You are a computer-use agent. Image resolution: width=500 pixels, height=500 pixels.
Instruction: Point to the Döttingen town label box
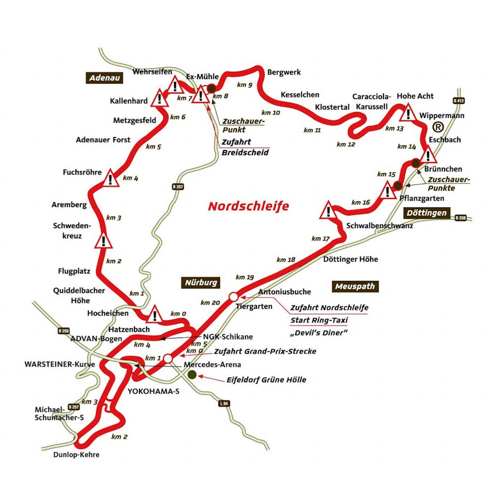pos(426,213)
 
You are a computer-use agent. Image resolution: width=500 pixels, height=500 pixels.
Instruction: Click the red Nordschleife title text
pos(248,206)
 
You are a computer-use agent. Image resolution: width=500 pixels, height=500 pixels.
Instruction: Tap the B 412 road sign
pos(458,100)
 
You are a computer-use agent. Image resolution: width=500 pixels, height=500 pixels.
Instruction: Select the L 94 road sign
pos(224,403)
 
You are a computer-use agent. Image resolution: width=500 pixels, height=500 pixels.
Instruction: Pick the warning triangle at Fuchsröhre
pos(110,178)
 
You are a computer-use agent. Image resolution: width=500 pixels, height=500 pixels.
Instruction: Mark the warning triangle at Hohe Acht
pos(408,113)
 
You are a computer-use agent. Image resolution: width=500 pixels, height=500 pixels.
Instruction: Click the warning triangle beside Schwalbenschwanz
pos(328,210)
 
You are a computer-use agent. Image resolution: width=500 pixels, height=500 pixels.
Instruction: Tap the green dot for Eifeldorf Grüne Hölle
pos(192,374)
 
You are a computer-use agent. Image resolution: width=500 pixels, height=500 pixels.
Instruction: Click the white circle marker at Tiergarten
pos(233,297)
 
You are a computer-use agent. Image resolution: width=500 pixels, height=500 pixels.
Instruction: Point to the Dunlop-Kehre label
pos(77,455)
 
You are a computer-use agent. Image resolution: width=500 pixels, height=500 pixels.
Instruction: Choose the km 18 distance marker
pos(286,259)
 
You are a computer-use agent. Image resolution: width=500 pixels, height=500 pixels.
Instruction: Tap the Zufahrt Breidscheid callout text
pos(245,147)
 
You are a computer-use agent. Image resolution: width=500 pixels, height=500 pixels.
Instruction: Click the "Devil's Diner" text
pos(318,332)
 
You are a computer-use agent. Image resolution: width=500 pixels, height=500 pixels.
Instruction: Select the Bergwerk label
pos(284,72)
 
